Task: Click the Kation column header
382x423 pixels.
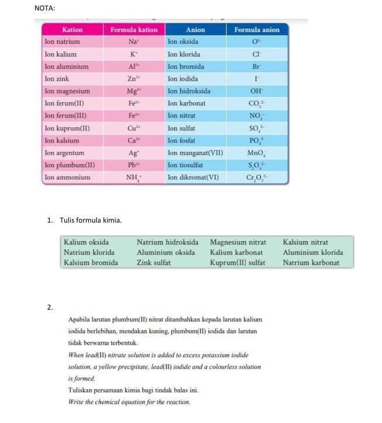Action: click(x=72, y=30)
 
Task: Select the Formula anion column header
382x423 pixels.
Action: click(x=256, y=30)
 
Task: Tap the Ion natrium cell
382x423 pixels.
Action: click(x=62, y=42)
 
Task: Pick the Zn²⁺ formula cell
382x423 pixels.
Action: click(x=134, y=79)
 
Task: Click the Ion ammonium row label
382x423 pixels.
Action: click(x=68, y=177)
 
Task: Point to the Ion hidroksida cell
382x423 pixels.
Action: click(x=189, y=91)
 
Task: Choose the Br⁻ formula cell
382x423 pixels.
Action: click(x=256, y=67)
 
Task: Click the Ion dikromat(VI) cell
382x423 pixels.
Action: click(x=193, y=177)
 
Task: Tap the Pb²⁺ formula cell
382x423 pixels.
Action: click(x=134, y=165)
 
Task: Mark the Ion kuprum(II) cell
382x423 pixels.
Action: click(x=68, y=128)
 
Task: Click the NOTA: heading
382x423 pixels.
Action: click(x=45, y=8)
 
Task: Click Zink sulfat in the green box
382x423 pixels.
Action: click(x=154, y=263)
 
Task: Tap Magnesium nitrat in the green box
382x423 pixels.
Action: click(x=238, y=242)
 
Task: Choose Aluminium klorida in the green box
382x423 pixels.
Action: click(x=312, y=252)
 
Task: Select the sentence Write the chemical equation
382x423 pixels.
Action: click(x=129, y=403)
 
